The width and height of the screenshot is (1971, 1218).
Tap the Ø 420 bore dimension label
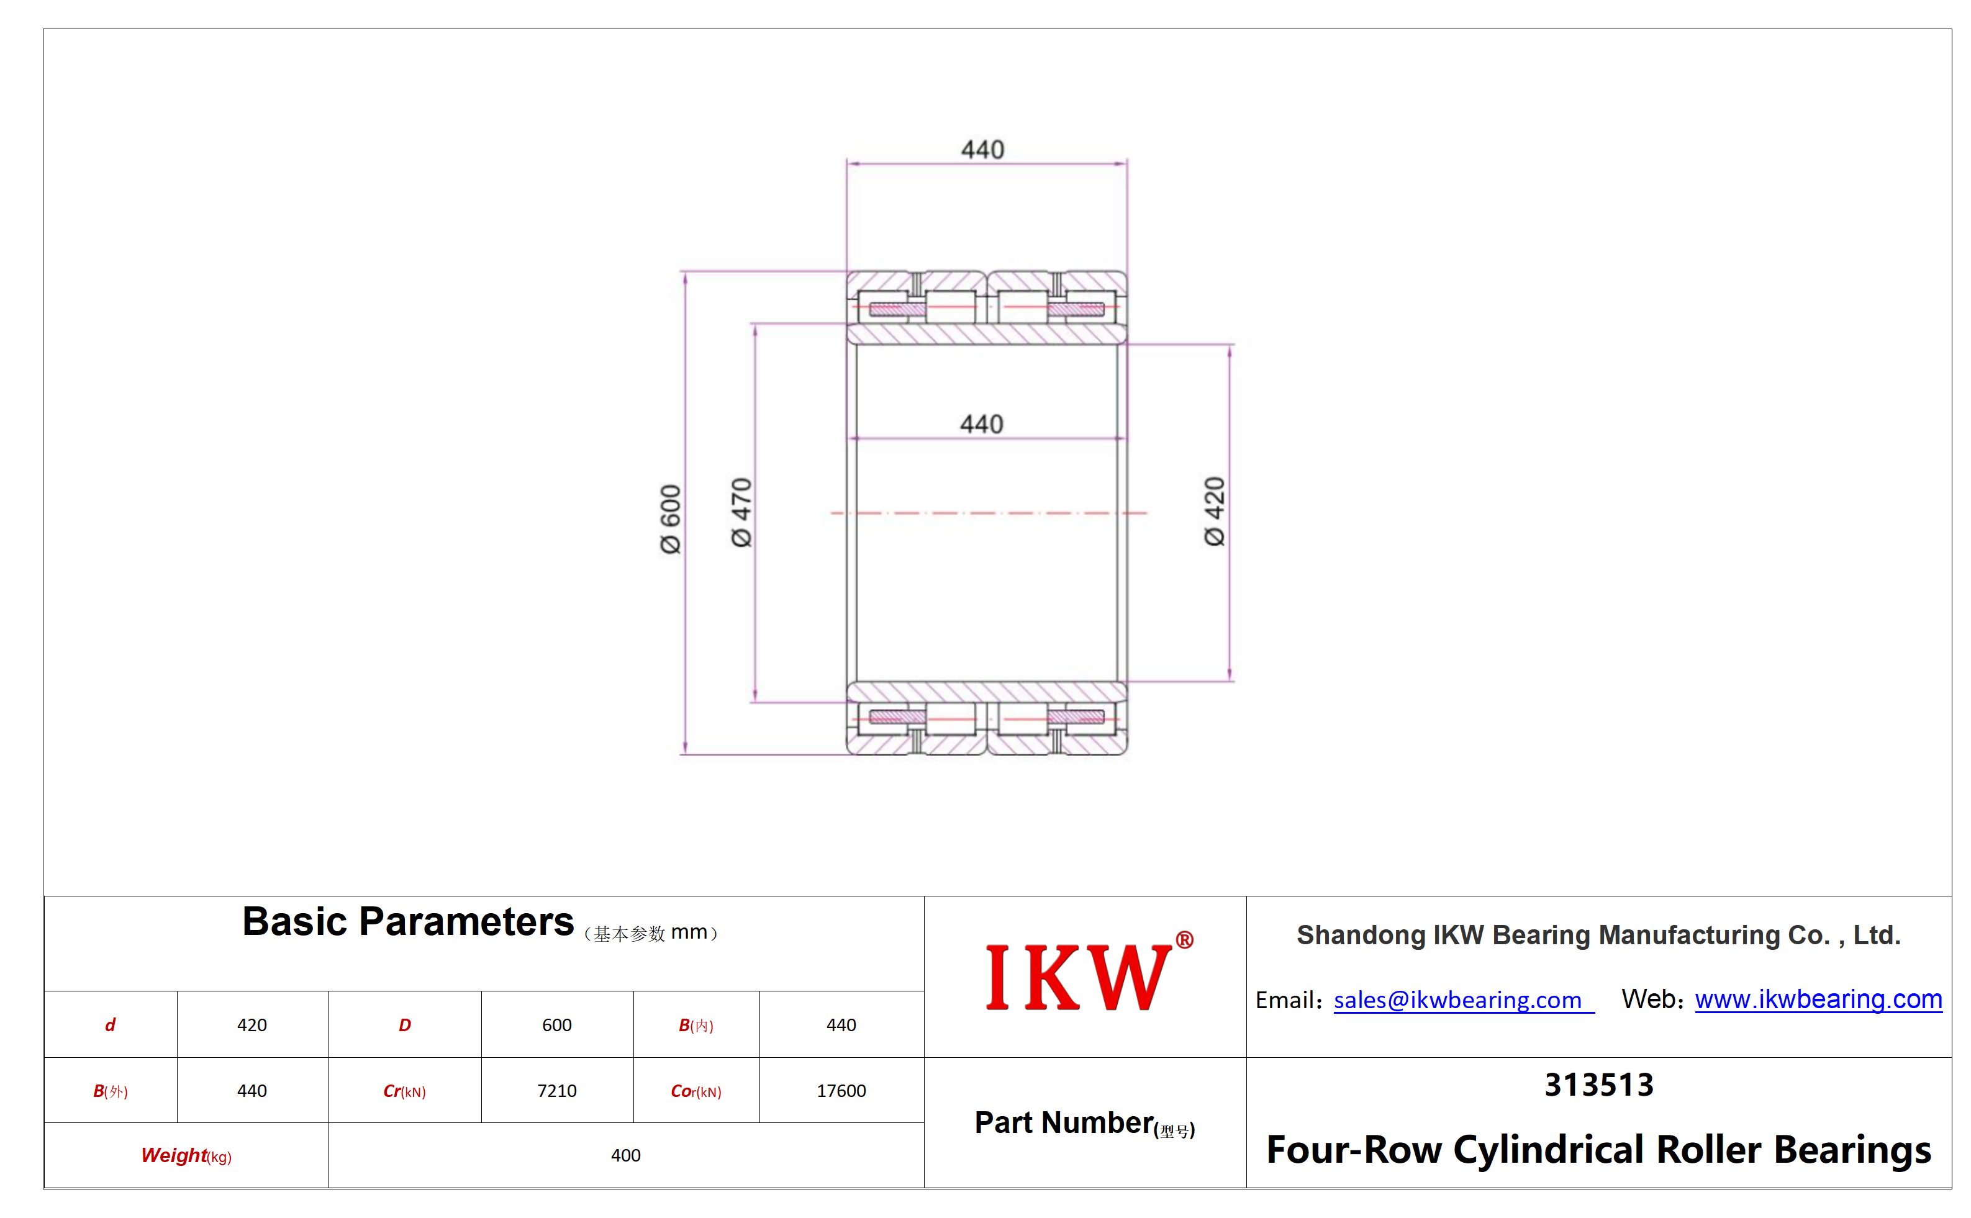pos(1215,512)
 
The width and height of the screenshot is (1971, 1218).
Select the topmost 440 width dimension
pos(982,149)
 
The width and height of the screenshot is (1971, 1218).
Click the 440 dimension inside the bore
pos(982,424)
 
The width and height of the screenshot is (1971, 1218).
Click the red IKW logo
pos(1078,977)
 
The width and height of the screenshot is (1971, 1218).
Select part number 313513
pos(1598,1085)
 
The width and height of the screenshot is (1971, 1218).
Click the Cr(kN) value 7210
pos(557,1091)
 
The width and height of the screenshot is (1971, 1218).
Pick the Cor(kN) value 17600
pos(841,1091)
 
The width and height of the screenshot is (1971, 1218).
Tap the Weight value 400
pos(625,1155)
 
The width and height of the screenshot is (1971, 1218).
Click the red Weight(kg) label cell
pos(186,1156)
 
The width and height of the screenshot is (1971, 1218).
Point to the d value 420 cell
pos(252,1025)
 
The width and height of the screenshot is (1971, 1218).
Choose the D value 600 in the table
pos(557,1025)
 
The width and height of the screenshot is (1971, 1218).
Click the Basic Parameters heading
pos(408,921)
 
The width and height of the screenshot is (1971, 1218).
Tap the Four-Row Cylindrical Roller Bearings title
pos(1598,1150)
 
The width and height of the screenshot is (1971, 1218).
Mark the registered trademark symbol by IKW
pos(1184,939)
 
